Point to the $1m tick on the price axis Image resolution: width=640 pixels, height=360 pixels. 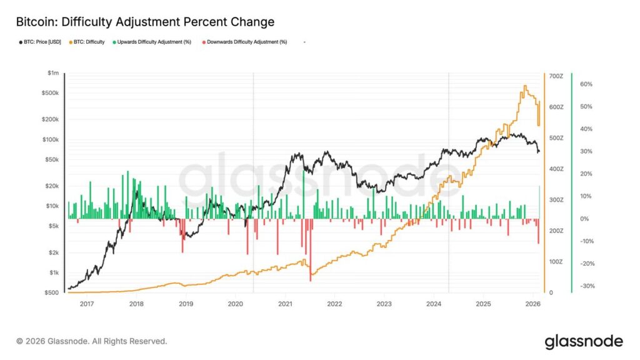point(54,73)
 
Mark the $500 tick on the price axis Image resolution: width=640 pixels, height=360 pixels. point(52,292)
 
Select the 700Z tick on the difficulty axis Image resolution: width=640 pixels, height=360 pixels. point(556,76)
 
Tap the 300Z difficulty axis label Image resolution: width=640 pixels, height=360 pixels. point(556,200)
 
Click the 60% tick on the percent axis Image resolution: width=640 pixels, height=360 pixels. point(586,84)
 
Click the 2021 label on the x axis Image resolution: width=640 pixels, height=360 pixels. point(284,304)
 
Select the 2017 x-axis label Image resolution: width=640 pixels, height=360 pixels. point(86,304)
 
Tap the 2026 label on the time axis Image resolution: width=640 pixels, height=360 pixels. point(532,304)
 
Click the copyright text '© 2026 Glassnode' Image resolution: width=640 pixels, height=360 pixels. point(92,341)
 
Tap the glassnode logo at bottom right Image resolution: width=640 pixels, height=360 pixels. point(583,341)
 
